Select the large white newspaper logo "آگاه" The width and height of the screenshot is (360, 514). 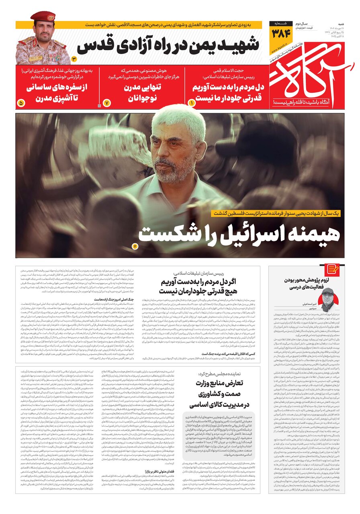click(309, 76)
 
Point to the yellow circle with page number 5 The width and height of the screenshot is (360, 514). click(21, 103)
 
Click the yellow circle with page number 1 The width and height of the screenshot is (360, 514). click(192, 103)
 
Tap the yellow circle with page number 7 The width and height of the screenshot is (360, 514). click(107, 103)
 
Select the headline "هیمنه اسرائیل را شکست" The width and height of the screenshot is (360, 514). click(239, 233)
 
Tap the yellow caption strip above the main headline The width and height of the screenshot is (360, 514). click(277, 213)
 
